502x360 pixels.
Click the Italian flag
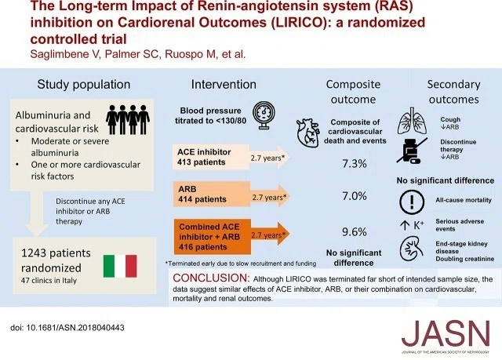tap(120, 266)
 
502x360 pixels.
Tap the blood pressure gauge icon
tap(264, 115)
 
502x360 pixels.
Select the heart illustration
tap(307, 133)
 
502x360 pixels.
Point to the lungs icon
tap(413, 121)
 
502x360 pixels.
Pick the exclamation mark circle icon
tap(412, 202)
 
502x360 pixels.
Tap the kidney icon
tap(412, 249)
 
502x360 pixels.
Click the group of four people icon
tap(128, 119)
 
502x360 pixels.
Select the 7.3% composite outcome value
tap(354, 163)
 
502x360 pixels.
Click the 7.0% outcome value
tap(354, 195)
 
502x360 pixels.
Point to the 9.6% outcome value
tap(354, 231)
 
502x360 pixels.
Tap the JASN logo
tap(446, 336)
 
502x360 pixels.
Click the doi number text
tap(67, 328)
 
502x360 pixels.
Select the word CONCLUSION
tap(211, 278)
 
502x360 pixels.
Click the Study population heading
tap(84, 85)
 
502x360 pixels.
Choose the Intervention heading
tap(224, 85)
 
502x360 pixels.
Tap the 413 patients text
tap(202, 162)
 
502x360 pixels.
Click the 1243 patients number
tap(56, 253)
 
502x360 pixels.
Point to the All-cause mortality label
tap(464, 200)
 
